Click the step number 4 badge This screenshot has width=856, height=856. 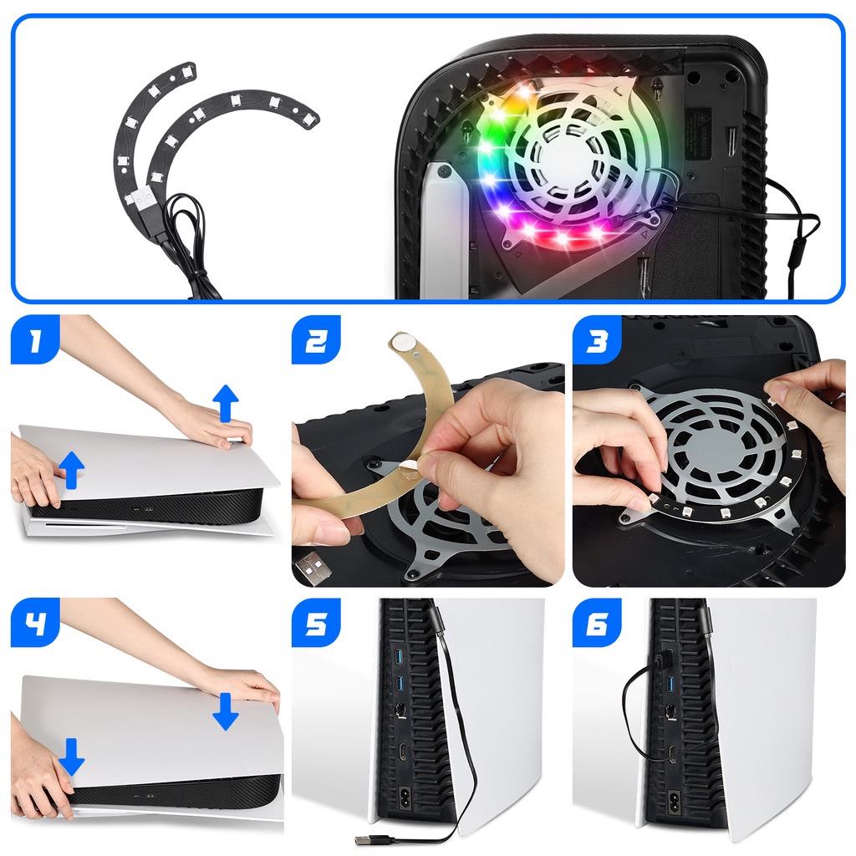35,623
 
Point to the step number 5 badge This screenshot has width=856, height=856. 316,623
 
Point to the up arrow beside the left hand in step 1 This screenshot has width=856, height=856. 73,469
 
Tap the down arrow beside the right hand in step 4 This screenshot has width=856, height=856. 225,710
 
